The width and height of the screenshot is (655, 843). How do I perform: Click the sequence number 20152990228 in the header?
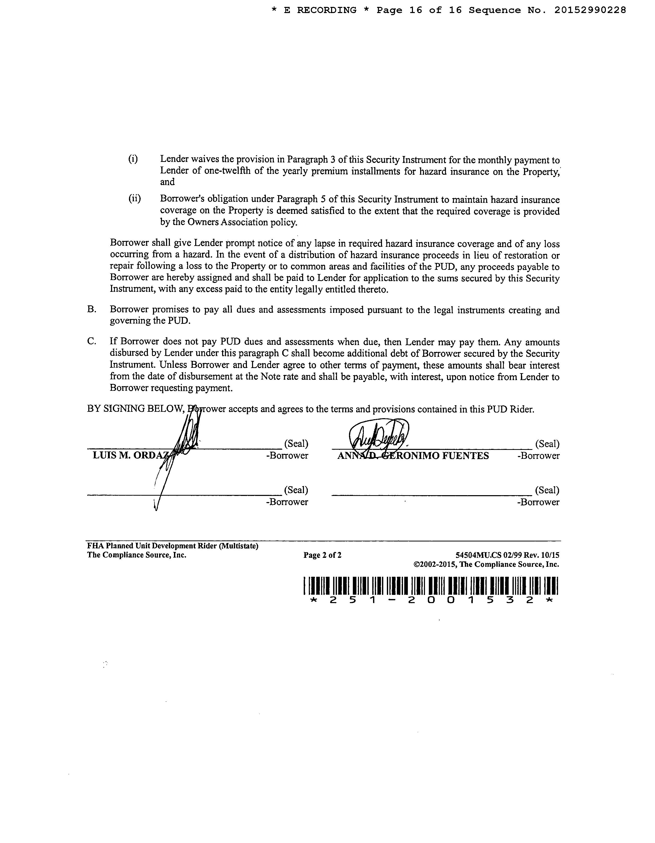(590, 10)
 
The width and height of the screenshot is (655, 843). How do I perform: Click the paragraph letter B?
(92, 309)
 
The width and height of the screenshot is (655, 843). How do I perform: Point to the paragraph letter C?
(92, 342)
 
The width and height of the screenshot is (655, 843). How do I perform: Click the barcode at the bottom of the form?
(431, 585)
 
